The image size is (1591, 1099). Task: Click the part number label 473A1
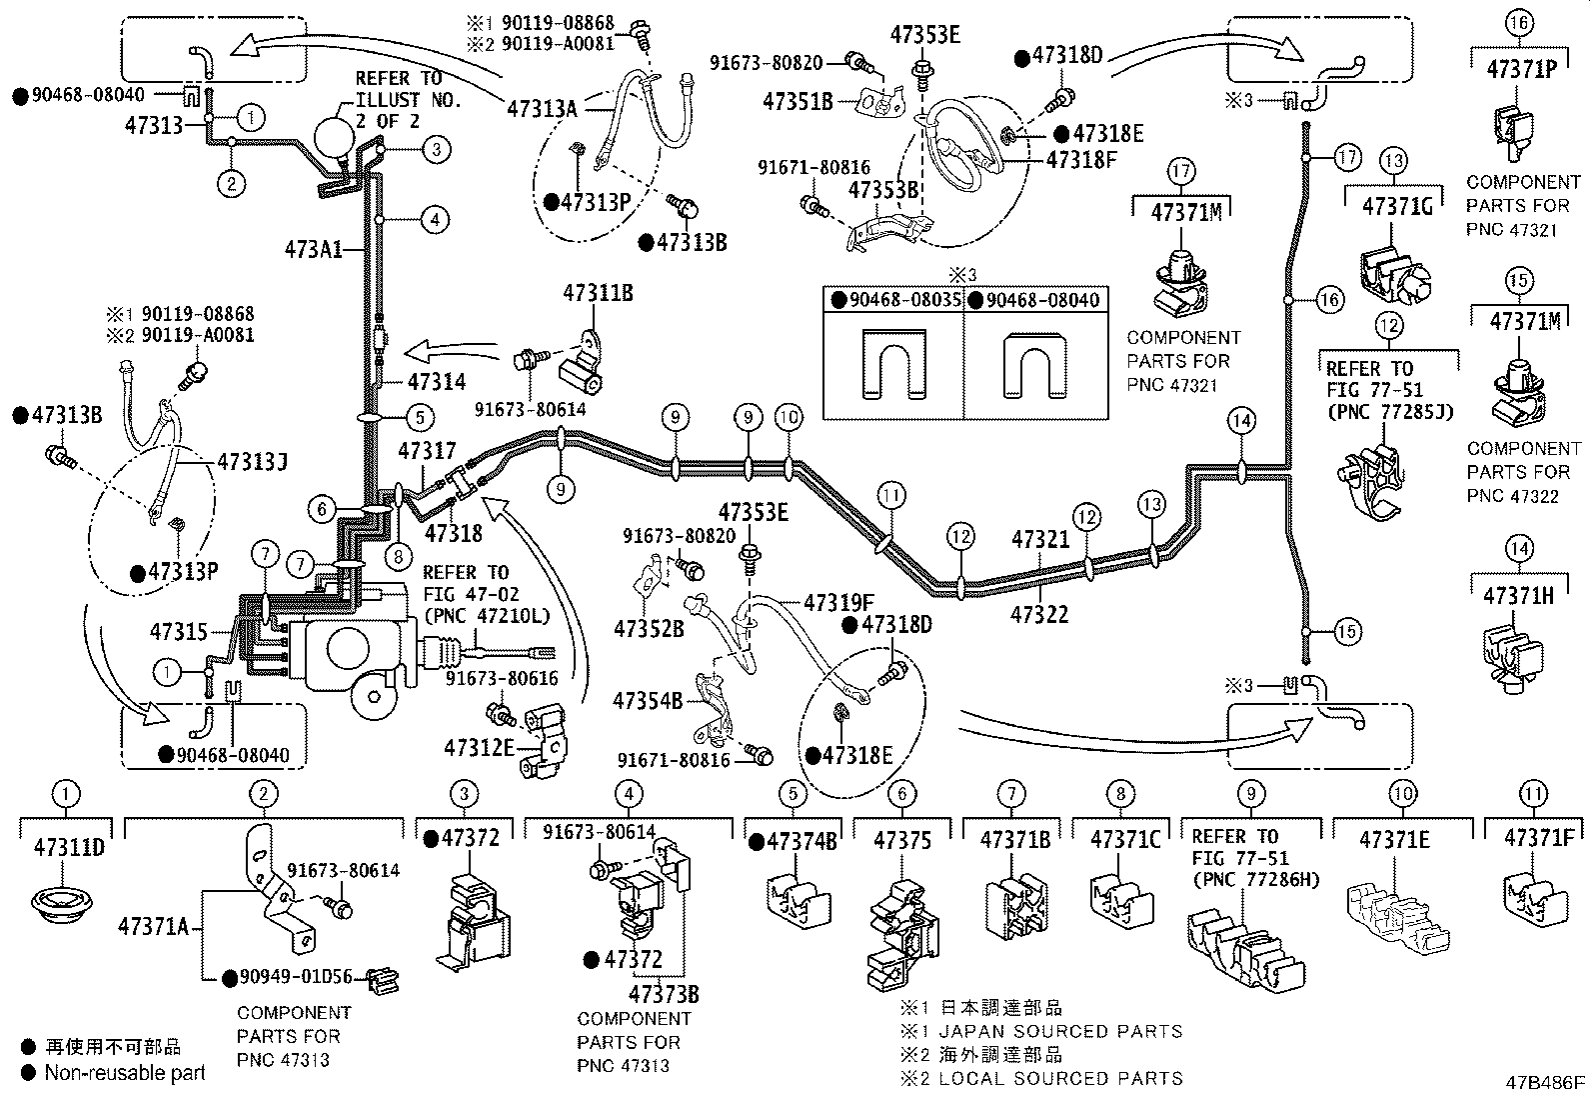click(313, 250)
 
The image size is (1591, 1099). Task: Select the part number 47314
click(437, 382)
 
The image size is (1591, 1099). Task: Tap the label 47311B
click(598, 293)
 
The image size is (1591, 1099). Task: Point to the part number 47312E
click(479, 748)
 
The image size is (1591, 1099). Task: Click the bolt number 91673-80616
click(502, 678)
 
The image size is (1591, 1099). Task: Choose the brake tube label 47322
click(1039, 614)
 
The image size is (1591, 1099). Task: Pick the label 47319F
click(838, 603)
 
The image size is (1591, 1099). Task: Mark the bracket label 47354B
click(648, 701)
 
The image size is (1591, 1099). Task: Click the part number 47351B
click(797, 102)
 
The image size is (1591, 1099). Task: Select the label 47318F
click(1081, 160)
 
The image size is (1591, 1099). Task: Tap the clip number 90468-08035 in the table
click(905, 300)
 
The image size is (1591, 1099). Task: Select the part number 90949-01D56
click(296, 977)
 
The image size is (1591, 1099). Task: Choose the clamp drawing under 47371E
click(1397, 918)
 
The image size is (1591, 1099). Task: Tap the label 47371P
click(1521, 69)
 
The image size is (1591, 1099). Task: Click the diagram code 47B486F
click(1545, 1083)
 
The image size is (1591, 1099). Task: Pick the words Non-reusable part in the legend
click(125, 1073)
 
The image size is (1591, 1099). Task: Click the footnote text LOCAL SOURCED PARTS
click(1061, 1078)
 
